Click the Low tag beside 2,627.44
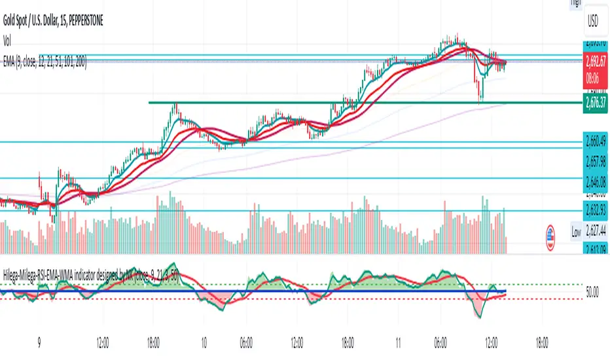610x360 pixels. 576,232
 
